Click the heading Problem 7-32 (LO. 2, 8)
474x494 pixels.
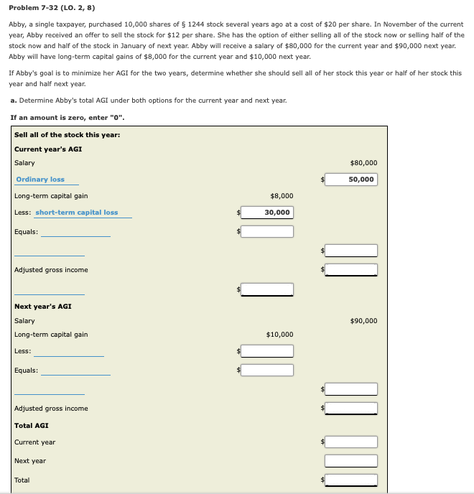52,8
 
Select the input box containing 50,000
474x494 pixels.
351,180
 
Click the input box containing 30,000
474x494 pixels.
267,213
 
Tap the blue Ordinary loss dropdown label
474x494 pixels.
40,180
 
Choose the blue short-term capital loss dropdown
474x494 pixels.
77,213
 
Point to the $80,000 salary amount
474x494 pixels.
363,163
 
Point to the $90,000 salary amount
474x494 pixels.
363,321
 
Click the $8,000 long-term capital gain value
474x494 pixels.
282,196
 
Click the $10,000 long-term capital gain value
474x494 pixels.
279,335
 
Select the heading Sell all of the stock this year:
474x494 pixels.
67,135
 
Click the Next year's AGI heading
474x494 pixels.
42,307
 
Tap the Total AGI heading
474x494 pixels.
32,426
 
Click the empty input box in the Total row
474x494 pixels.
351,480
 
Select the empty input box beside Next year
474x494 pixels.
351,461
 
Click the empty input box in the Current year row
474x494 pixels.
351,442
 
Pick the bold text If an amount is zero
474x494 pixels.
62,118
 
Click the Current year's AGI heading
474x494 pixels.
48,149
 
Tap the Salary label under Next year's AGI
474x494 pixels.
24,321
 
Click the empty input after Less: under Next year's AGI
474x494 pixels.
267,351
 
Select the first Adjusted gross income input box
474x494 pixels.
351,270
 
